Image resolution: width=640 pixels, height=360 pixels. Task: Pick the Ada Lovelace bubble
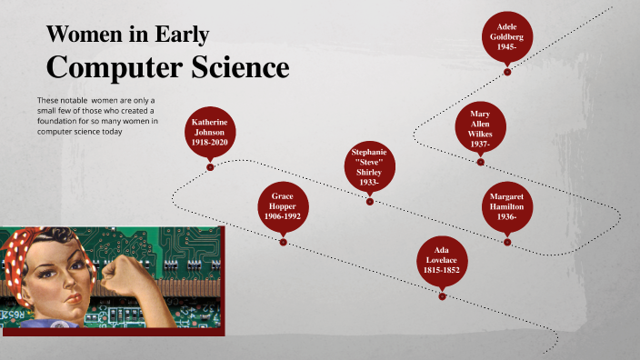pyautogui.click(x=442, y=259)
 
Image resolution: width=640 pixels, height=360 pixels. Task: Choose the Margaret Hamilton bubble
pyautogui.click(x=507, y=205)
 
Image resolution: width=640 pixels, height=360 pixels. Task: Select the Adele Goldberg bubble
pyautogui.click(x=507, y=36)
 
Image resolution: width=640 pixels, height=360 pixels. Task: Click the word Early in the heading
pyautogui.click(x=181, y=35)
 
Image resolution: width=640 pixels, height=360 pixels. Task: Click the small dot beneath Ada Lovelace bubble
pyautogui.click(x=442, y=295)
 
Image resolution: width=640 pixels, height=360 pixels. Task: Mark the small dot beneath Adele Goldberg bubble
pyautogui.click(x=507, y=73)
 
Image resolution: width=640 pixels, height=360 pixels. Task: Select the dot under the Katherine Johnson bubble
pyautogui.click(x=210, y=167)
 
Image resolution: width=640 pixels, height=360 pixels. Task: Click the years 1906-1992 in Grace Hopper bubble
pyautogui.click(x=284, y=216)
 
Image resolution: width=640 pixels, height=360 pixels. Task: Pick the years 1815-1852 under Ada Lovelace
pyautogui.click(x=442, y=270)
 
